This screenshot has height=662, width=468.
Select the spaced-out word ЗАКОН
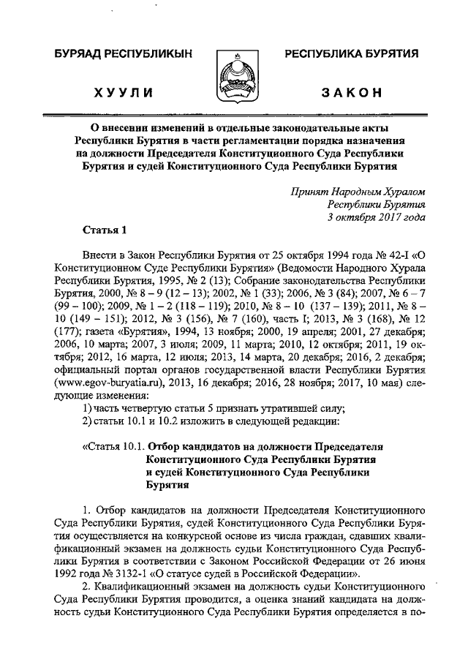350,93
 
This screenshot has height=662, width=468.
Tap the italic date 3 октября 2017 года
377,217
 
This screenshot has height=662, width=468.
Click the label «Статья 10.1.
111,445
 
